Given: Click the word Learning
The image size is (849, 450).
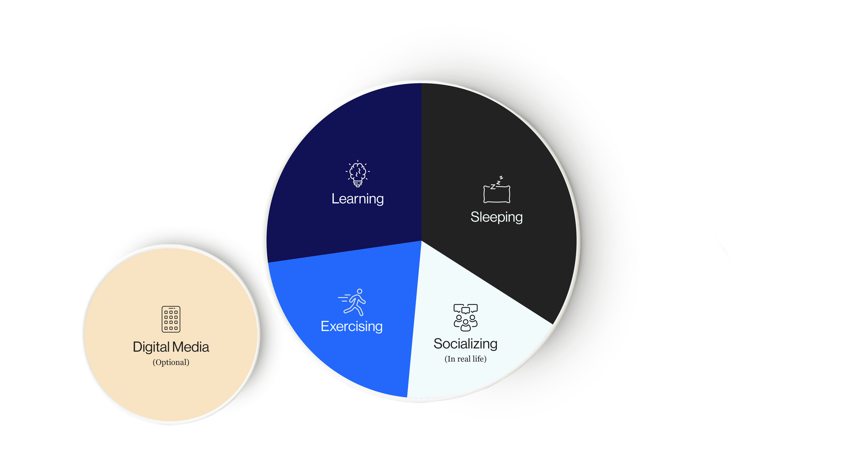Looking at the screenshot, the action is coord(358,199).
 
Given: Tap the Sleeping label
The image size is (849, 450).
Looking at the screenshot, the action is coord(496,217).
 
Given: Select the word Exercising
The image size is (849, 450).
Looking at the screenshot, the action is coord(351,326).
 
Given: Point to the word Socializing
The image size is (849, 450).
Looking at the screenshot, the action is coord(465,344).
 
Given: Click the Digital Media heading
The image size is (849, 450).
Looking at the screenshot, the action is coord(171,347).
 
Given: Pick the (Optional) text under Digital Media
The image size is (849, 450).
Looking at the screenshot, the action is coord(171,362).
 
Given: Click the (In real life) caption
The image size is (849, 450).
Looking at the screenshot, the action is coord(465,359).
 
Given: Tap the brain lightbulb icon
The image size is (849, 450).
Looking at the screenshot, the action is coord(358,174).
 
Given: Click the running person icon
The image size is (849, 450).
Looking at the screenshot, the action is coord(353,302).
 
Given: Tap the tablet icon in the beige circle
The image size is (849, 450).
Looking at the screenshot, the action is coord(171,319).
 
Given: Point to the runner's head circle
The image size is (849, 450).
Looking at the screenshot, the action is coord(360,291).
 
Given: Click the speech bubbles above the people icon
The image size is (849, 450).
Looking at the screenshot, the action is coord(465,309).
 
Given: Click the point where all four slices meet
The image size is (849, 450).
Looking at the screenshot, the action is coord(421,241).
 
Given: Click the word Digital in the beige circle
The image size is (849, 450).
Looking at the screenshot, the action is coord(151,347).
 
